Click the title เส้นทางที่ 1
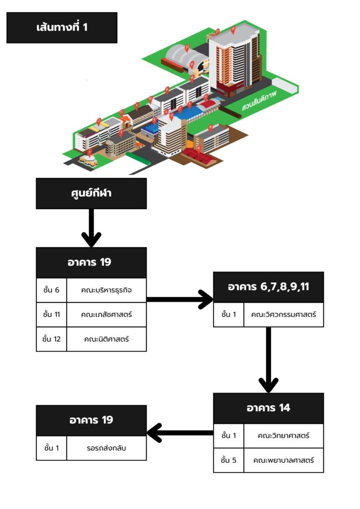point(62,27)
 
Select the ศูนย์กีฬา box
point(91,193)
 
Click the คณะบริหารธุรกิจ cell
point(106,290)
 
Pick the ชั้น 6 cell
point(51,290)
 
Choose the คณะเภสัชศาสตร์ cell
point(106,314)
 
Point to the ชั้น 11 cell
point(51,314)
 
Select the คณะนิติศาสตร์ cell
point(106,339)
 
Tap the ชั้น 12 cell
point(51,339)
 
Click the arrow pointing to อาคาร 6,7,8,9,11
point(180,299)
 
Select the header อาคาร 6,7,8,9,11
point(269,287)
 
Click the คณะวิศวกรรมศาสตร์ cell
point(283,315)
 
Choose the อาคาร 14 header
point(269,408)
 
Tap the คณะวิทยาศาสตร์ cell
point(283,436)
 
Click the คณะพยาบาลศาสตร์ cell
point(283,460)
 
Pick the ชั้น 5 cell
point(229,460)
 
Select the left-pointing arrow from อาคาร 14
point(180,432)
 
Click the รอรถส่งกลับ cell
point(106,448)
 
